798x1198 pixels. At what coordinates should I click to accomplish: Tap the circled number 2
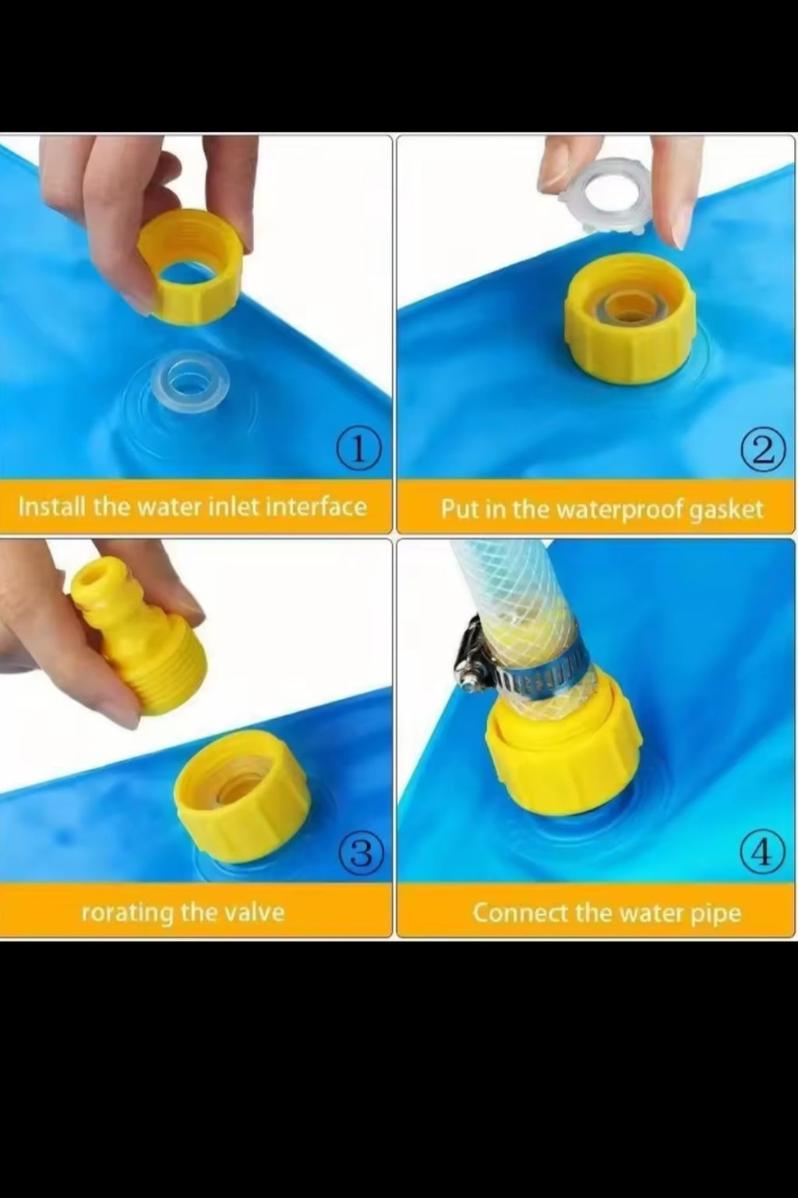pyautogui.click(x=764, y=450)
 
